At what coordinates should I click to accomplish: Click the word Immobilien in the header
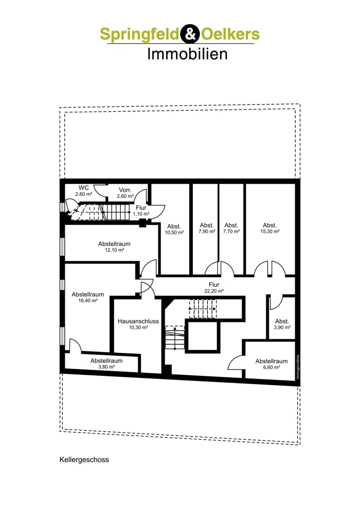coord(187,54)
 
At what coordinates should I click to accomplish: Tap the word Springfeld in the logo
coord(139,34)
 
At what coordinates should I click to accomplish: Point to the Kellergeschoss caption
coord(84,460)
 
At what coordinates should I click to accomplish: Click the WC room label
coord(84,188)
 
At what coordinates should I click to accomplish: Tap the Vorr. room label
coord(125,190)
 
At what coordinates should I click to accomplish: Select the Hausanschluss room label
coord(138,321)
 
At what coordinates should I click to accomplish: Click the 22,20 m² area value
coord(214,291)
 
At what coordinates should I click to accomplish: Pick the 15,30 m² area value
coord(270,232)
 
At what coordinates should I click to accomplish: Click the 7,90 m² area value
coord(207,232)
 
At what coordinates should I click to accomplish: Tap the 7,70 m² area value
coord(232,232)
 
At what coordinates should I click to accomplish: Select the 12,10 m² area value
coord(114,250)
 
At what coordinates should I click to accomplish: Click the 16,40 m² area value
coord(88,301)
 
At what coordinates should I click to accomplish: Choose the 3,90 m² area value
coord(282,327)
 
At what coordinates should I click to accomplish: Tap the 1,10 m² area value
coord(141,214)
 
